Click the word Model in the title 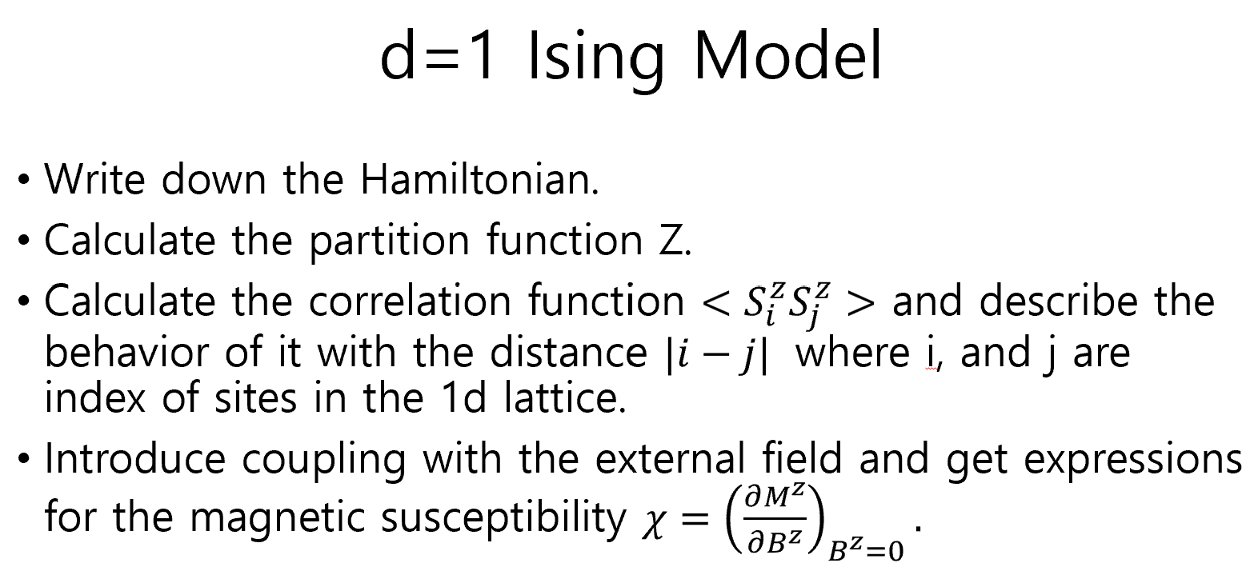(787, 56)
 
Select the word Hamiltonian (479, 178)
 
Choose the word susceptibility (503, 517)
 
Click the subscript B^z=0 (866, 550)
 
